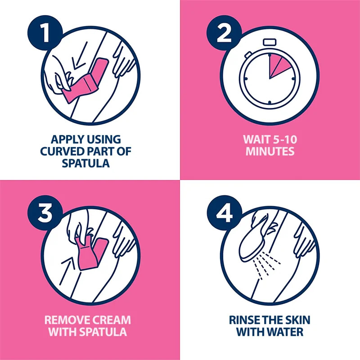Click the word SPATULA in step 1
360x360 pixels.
(x=86, y=163)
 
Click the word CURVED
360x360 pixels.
(x=62, y=151)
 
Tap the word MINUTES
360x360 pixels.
(x=270, y=151)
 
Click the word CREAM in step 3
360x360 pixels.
(x=109, y=320)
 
